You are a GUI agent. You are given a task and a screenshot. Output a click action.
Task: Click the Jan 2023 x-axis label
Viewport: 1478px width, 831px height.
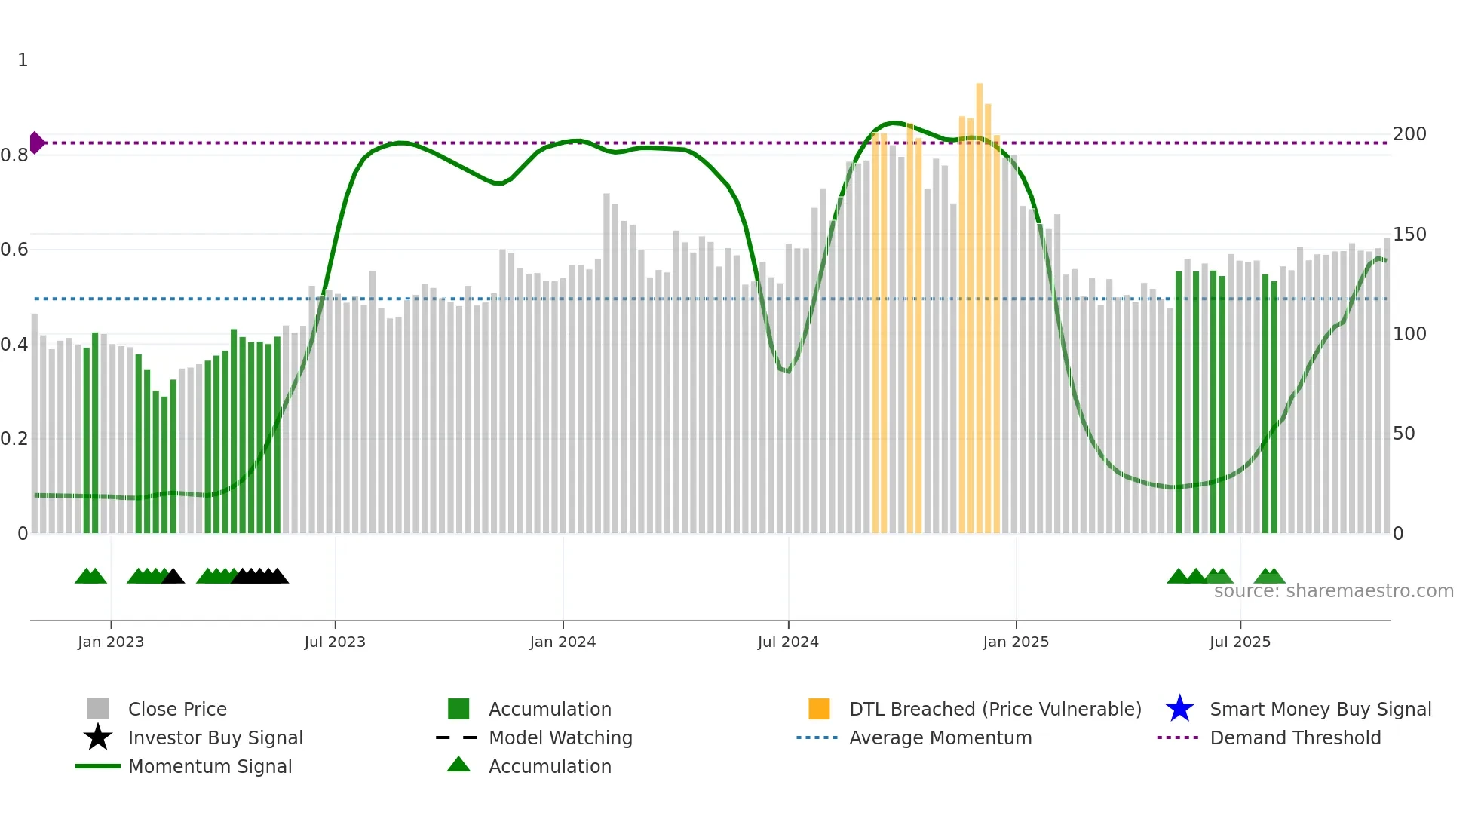click(x=111, y=642)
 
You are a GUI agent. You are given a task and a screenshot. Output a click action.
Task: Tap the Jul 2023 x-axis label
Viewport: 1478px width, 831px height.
click(x=335, y=642)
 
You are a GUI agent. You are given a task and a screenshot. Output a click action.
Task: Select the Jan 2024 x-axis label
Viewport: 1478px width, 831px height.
click(x=563, y=642)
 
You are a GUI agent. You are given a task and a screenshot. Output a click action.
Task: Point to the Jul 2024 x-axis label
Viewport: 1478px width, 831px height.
click(x=788, y=642)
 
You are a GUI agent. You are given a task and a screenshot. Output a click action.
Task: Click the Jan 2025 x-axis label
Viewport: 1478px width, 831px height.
click(x=1016, y=642)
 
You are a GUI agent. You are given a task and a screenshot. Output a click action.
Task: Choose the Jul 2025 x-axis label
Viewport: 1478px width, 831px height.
click(x=1240, y=642)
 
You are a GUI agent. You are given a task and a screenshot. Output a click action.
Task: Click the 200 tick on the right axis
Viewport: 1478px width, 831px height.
click(x=1409, y=134)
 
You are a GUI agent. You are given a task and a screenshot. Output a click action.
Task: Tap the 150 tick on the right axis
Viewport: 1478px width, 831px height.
click(x=1409, y=235)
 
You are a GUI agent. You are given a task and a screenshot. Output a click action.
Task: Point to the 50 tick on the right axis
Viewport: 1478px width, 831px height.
click(x=1403, y=434)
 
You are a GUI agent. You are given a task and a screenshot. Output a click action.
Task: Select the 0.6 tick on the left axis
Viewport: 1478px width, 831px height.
click(x=14, y=250)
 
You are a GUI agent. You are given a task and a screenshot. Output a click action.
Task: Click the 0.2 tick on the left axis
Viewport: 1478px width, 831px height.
click(x=14, y=439)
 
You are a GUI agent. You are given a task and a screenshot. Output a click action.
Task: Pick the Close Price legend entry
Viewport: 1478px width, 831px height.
click(x=177, y=710)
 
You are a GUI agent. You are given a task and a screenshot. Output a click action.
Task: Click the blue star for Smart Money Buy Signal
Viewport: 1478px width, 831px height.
click(x=1179, y=709)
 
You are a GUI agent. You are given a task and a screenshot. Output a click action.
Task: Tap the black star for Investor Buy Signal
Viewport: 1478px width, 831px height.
click(x=98, y=737)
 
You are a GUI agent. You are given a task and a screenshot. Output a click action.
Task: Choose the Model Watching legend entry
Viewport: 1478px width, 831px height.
click(x=560, y=738)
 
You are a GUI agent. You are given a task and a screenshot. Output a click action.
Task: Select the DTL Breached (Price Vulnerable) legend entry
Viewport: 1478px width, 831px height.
click(x=995, y=710)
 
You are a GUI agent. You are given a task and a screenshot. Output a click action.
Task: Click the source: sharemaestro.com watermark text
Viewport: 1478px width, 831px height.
click(x=1333, y=591)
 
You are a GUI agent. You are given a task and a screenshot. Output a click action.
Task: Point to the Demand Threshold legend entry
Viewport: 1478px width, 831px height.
click(x=1295, y=738)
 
